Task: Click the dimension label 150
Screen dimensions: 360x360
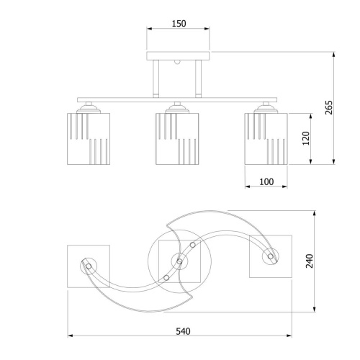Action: (x=179, y=24)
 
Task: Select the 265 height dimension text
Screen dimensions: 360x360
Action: (x=328, y=107)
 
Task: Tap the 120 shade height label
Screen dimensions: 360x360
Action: (x=306, y=138)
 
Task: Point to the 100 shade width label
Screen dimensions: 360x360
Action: (x=266, y=182)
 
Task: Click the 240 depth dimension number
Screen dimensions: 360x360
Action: (x=310, y=261)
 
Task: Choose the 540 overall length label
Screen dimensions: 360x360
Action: (x=183, y=331)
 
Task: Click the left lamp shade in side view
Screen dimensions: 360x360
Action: (x=89, y=139)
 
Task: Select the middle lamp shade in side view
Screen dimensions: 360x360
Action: (x=177, y=139)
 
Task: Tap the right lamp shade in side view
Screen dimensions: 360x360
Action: (x=266, y=139)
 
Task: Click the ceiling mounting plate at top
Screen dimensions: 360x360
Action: (x=178, y=55)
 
